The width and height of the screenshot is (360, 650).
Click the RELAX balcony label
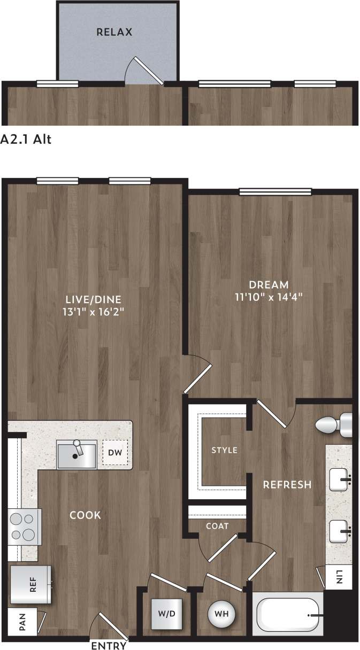(x=114, y=32)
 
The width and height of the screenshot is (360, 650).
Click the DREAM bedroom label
(x=268, y=285)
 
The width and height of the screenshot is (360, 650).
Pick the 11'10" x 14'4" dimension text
(x=268, y=298)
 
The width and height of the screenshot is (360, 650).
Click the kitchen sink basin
(x=76, y=455)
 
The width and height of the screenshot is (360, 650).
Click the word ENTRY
(x=109, y=645)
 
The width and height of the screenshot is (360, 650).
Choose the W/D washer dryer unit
(x=166, y=614)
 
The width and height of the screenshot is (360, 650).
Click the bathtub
(x=288, y=615)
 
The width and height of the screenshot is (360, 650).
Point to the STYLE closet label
(x=224, y=450)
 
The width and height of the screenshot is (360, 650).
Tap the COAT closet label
(x=217, y=526)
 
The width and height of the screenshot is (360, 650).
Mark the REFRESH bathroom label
(x=287, y=485)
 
